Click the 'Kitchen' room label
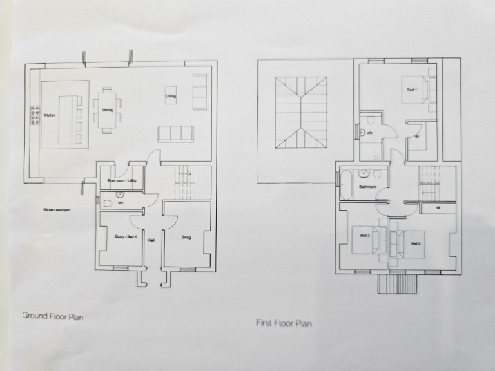pos(50,115)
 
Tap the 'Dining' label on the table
pos(107,110)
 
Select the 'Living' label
pos(171,97)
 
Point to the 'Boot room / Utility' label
pos(121,181)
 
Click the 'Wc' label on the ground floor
pos(120,203)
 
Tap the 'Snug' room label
pos(186,237)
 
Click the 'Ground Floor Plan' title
pos(53,316)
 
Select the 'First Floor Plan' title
pos(284,323)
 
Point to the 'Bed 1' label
pos(412,90)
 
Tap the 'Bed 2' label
pos(415,243)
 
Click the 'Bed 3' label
pos(364,236)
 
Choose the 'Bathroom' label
pos(367,187)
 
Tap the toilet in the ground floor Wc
pos(108,203)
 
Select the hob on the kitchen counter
pos(33,115)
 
